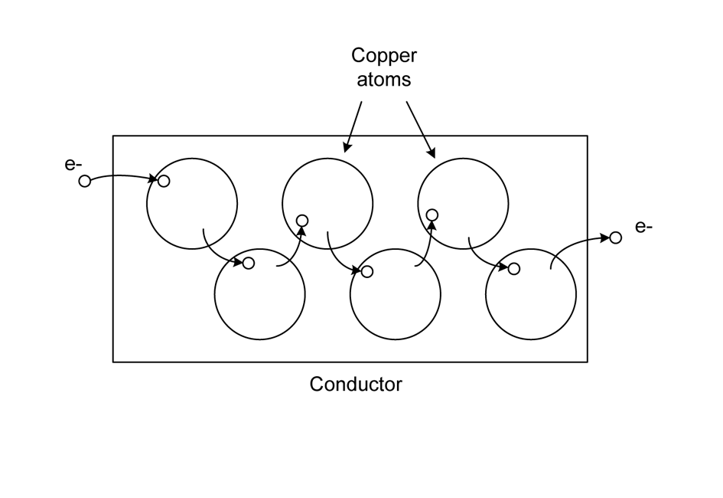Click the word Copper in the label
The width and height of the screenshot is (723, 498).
click(384, 56)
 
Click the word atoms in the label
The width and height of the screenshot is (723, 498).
click(384, 80)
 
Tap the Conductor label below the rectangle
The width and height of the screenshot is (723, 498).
click(356, 384)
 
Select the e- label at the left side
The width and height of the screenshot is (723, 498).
click(73, 163)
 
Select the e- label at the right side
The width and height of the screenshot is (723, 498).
click(643, 227)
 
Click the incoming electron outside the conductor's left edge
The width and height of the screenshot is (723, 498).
click(84, 182)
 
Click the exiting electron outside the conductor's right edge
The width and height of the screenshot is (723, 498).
click(616, 238)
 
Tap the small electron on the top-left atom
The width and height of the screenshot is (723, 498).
click(163, 181)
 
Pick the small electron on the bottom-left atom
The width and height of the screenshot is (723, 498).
click(248, 263)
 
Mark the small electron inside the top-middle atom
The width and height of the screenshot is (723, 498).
click(302, 221)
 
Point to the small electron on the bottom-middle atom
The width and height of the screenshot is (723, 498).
click(367, 271)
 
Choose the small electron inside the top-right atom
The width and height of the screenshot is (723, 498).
click(432, 215)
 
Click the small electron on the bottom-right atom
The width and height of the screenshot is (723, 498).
click(514, 268)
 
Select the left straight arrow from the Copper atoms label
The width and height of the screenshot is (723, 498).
click(353, 126)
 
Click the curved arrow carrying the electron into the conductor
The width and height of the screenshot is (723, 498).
click(122, 176)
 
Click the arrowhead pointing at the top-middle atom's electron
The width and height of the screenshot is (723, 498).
click(301, 232)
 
